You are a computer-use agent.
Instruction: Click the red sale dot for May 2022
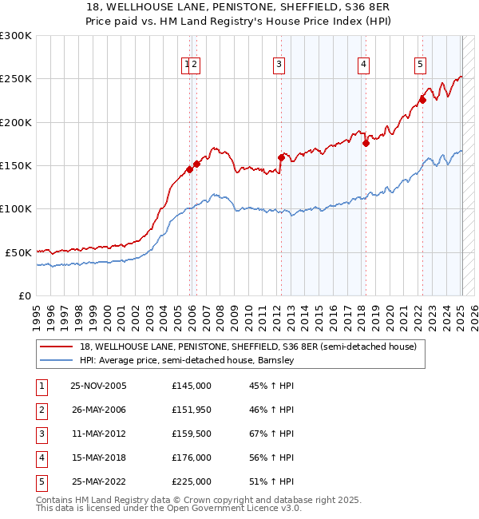click(423, 100)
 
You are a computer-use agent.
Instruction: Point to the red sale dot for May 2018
click(366, 144)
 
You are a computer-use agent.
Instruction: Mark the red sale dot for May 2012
click(281, 157)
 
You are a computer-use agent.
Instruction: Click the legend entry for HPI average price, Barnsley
click(187, 360)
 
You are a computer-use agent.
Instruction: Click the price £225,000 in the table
click(191, 481)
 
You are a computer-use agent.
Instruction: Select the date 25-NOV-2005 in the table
click(98, 386)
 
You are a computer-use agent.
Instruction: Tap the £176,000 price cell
click(191, 458)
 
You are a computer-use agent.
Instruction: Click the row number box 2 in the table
click(41, 410)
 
